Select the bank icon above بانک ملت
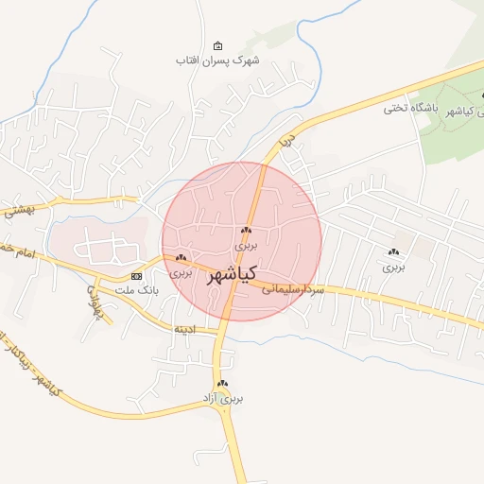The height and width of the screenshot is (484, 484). [137, 275]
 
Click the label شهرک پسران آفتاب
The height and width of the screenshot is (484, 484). [217, 60]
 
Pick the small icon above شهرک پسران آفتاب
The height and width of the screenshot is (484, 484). [218, 46]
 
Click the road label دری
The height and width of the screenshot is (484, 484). [287, 141]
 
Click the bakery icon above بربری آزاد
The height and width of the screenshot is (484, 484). [223, 383]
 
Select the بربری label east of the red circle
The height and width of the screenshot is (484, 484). [393, 267]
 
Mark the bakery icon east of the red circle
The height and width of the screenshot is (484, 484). [393, 251]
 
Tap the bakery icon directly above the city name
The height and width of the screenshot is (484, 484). [246, 231]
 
